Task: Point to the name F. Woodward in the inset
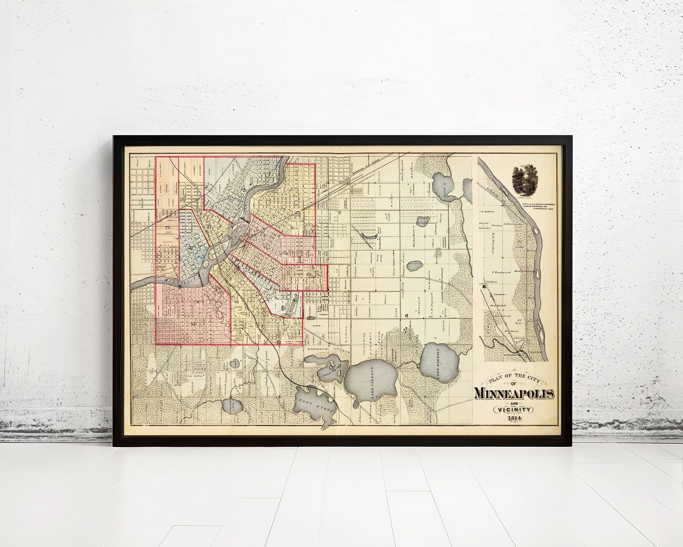(500, 272)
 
